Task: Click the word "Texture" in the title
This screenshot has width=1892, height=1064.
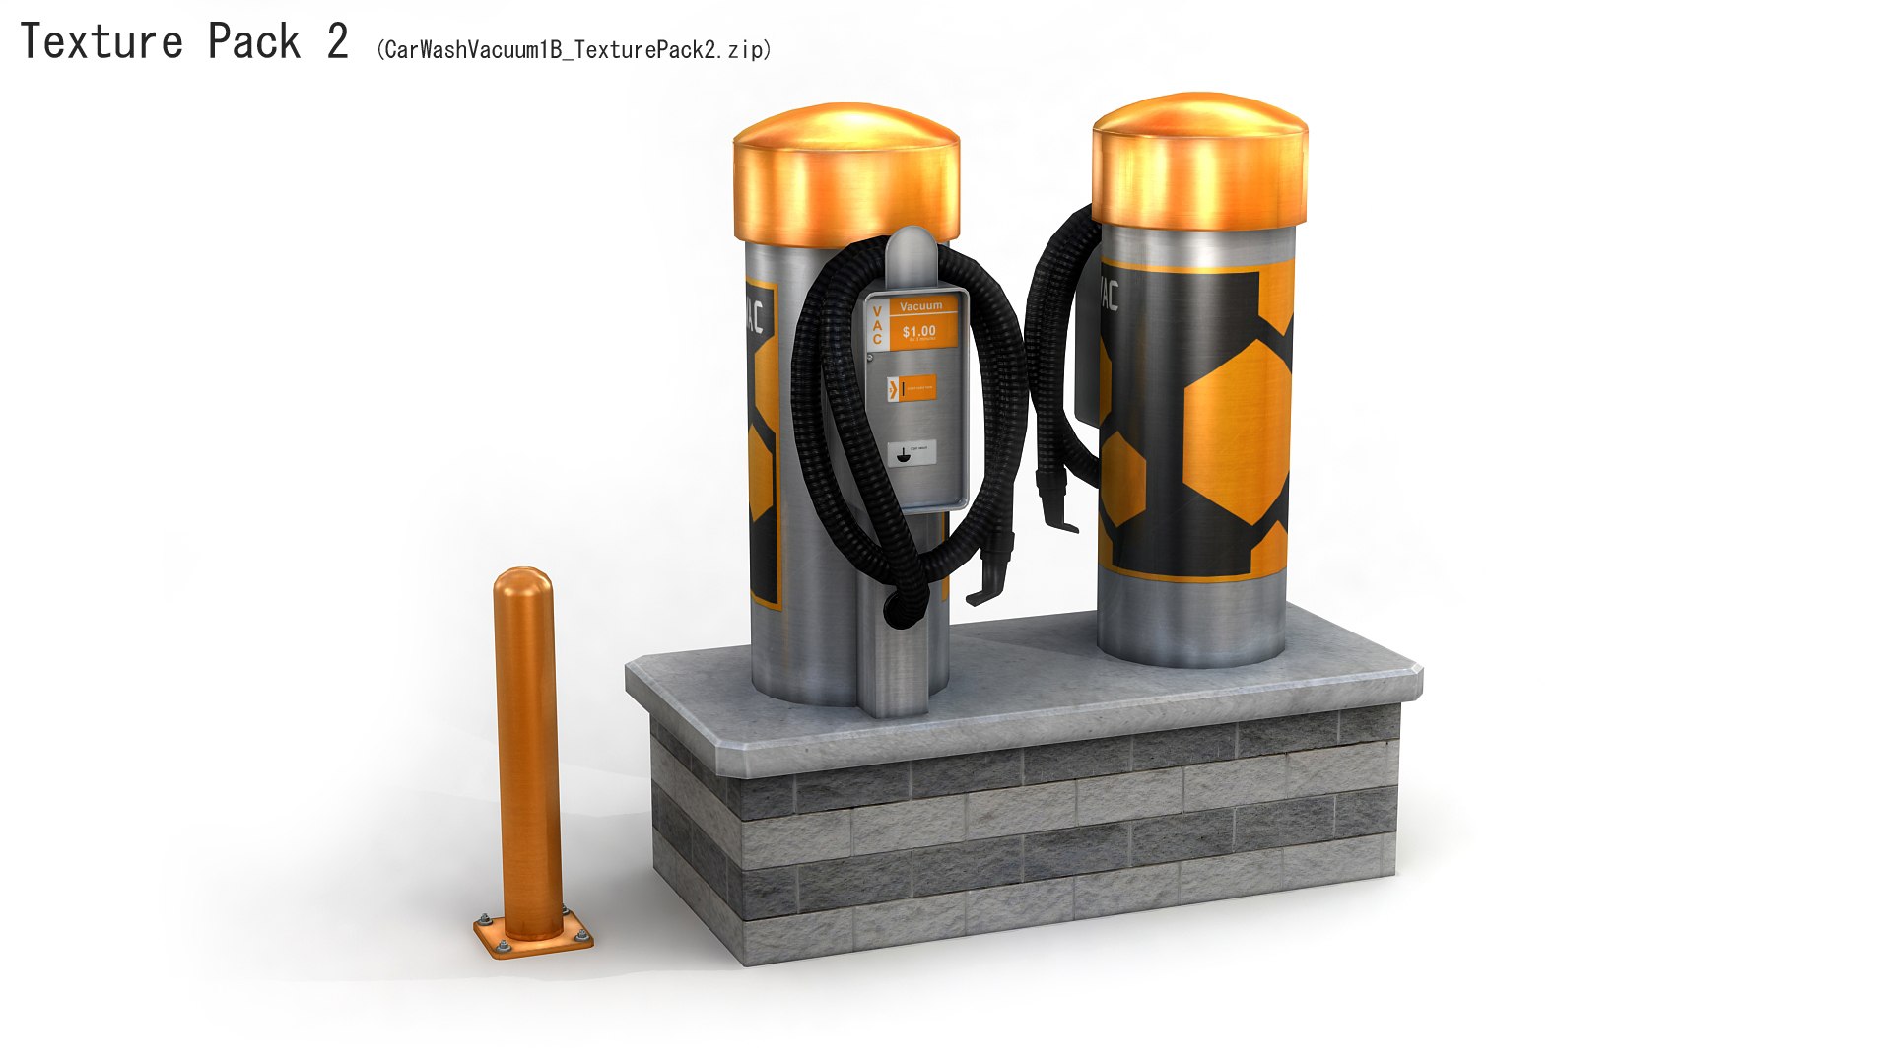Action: point(101,42)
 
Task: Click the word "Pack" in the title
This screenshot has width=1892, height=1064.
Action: point(253,42)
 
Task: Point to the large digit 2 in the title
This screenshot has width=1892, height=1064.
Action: point(337,42)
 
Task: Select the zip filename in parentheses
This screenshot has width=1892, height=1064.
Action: point(574,50)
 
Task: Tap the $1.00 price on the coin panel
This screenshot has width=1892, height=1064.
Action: point(918,332)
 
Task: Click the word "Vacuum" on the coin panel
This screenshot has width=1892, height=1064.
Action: point(920,306)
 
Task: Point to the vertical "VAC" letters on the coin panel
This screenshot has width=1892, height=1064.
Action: point(877,326)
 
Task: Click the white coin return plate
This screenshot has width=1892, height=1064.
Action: point(912,452)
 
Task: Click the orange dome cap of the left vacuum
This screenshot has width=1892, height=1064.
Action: point(845,172)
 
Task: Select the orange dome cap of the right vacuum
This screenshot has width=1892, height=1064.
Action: point(1199,158)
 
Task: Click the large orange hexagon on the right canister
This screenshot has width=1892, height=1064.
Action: point(1237,433)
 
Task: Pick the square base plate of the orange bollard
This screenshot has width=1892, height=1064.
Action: point(533,934)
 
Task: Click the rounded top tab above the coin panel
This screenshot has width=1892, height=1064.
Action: point(912,251)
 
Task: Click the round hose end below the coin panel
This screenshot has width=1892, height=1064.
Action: point(899,611)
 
